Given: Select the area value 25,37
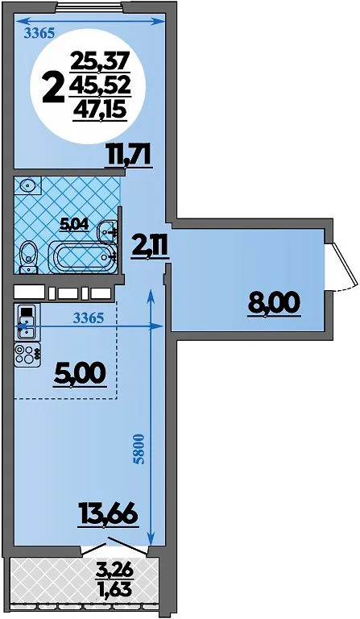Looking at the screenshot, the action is pyautogui.click(x=100, y=61).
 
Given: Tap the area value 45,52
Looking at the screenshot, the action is pyautogui.click(x=100, y=85).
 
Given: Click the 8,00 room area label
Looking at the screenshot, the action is pyautogui.click(x=274, y=303).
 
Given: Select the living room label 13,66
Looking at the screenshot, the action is pyautogui.click(x=108, y=513).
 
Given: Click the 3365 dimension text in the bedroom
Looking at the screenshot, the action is pyautogui.click(x=39, y=34).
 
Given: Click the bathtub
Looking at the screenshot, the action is pyautogui.click(x=82, y=257).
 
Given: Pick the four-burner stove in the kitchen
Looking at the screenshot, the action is pyautogui.click(x=27, y=354).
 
